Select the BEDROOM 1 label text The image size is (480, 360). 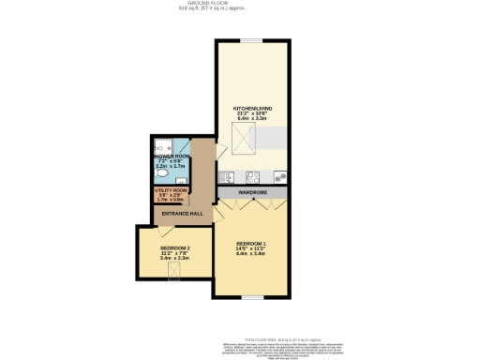pyautogui.click(x=251, y=243)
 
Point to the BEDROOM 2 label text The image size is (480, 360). pyautogui.click(x=169, y=247)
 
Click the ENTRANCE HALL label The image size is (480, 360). pyautogui.click(x=182, y=214)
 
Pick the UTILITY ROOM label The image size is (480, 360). pyautogui.click(x=171, y=190)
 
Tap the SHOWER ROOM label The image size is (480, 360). pyautogui.click(x=172, y=156)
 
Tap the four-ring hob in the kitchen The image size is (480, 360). pyautogui.click(x=253, y=176)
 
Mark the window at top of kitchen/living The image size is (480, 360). pyautogui.click(x=251, y=40)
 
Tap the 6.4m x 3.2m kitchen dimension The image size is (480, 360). pyautogui.click(x=251, y=120)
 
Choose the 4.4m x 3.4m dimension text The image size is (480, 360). pyautogui.click(x=251, y=254)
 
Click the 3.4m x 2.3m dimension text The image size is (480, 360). pyautogui.click(x=169, y=258)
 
